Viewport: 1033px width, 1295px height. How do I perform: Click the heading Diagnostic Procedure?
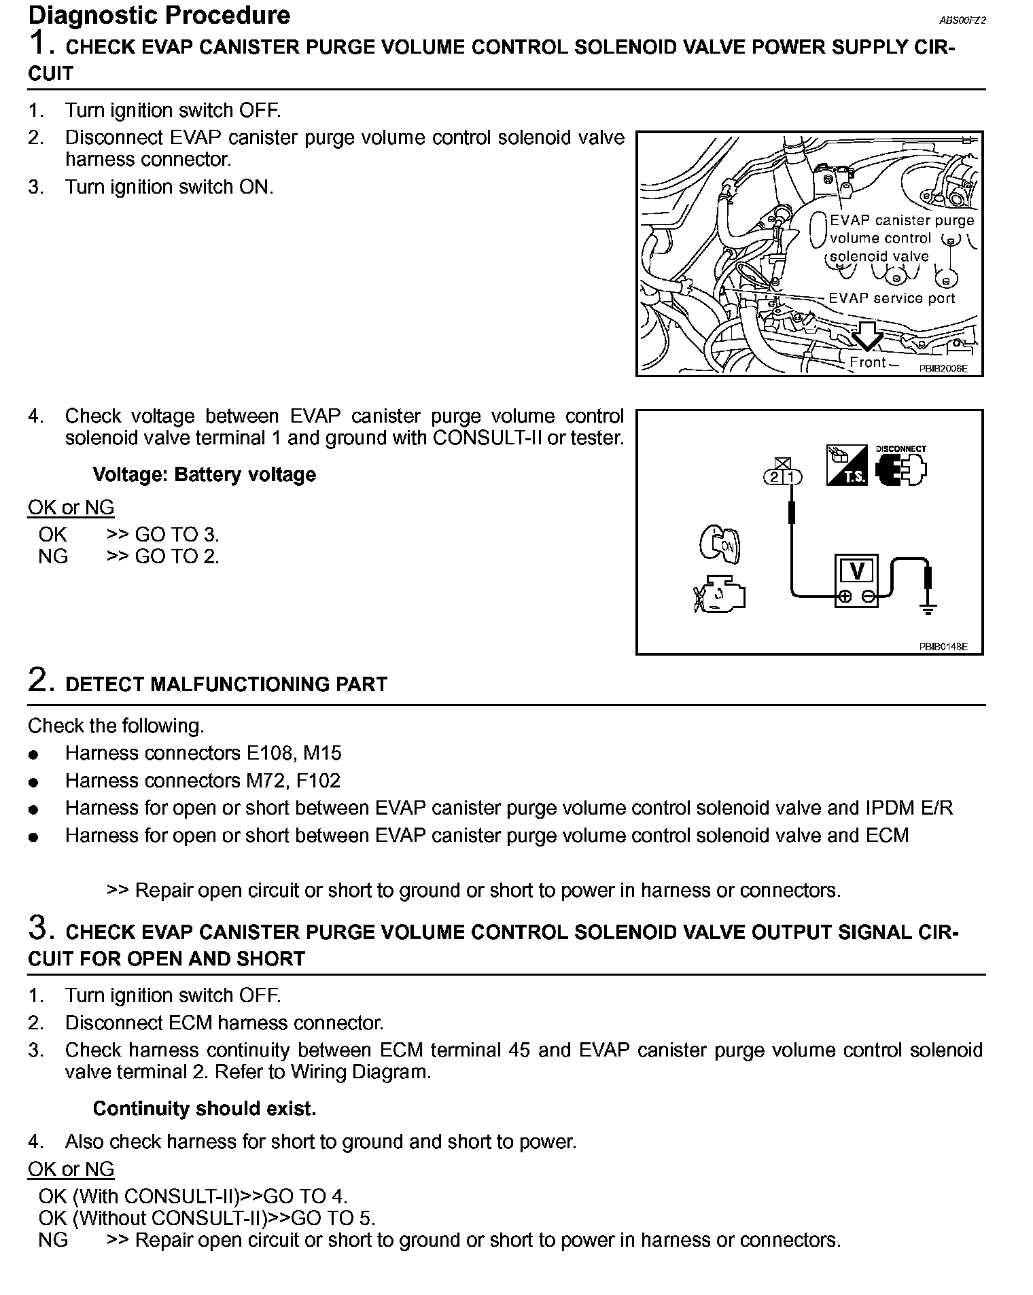coord(159,15)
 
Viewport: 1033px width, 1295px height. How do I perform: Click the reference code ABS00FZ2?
coord(962,20)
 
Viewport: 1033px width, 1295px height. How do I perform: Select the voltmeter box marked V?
coord(856,580)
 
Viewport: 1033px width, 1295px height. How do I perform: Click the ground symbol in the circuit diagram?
coord(928,609)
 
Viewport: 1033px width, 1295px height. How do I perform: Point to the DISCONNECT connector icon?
coord(901,467)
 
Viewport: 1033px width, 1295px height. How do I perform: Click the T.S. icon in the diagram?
coord(846,465)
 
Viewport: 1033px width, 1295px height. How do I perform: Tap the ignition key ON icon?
coord(720,544)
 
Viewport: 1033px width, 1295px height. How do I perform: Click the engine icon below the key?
coord(720,595)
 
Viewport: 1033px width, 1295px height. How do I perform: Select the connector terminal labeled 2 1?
coord(783,476)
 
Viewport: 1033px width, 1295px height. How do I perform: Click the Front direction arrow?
coord(867,335)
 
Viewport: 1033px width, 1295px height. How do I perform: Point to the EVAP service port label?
coord(892,298)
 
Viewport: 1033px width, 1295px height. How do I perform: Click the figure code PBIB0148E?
coord(943,647)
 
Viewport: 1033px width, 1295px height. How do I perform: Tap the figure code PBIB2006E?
coord(943,368)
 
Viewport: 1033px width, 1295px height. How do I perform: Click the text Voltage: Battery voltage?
coord(204,474)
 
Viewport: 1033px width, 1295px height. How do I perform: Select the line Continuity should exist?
coord(204,1109)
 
